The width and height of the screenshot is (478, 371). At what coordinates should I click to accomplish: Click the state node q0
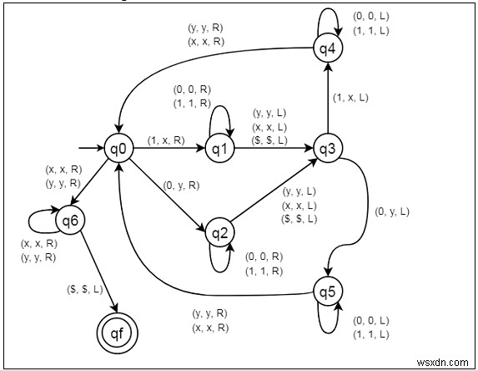(119, 150)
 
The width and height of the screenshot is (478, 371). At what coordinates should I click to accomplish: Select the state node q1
(219, 150)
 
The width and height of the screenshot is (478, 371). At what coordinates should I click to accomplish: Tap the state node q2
(219, 231)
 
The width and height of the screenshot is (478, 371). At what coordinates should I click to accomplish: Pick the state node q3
(326, 150)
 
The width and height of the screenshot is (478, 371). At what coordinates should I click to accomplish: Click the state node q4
(326, 49)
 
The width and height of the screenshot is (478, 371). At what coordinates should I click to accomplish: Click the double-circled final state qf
(118, 331)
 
